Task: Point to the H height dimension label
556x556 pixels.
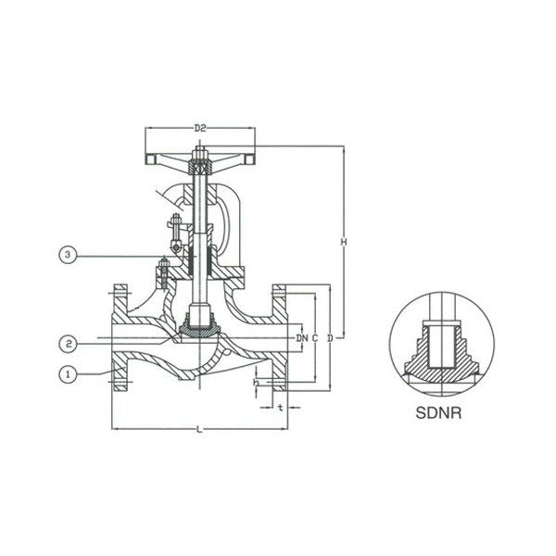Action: [x=343, y=242]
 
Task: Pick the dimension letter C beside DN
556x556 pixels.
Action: [x=315, y=339]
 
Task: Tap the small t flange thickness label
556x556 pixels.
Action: [x=280, y=405]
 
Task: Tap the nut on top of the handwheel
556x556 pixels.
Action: [x=199, y=155]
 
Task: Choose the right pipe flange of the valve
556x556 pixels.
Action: [x=281, y=338]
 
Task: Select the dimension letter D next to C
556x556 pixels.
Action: [x=329, y=339]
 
